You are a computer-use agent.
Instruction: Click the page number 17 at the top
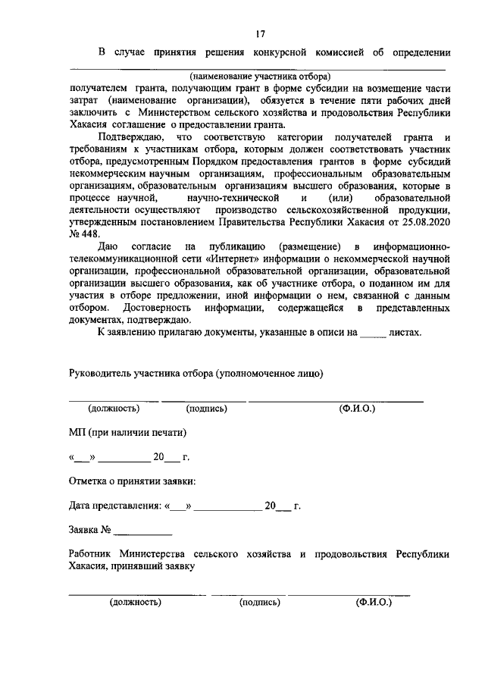pos(259,33)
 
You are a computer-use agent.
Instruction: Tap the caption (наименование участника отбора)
pos(260,76)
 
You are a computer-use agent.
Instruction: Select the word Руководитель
pos(100,373)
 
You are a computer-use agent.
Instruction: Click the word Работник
pos(92,554)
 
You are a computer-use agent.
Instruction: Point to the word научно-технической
pos(237,196)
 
